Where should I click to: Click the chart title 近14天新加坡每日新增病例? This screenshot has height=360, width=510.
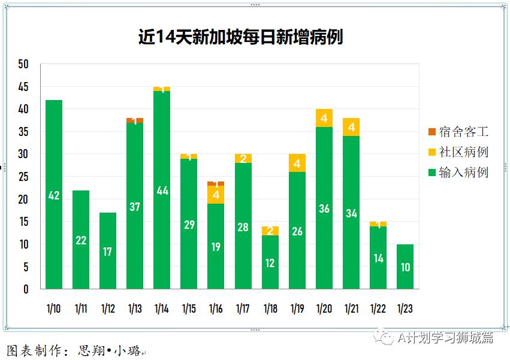(x=240, y=37)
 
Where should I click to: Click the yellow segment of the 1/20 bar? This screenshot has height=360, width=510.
(x=324, y=118)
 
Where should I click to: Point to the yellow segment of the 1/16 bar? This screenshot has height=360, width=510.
(x=216, y=195)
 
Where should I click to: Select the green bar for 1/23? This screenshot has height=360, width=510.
(x=405, y=267)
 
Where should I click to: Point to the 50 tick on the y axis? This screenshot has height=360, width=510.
(x=23, y=64)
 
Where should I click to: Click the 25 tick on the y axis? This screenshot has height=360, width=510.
(x=23, y=177)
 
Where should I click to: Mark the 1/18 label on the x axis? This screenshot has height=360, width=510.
(x=270, y=308)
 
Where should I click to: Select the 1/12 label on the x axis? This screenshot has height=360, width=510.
(x=108, y=308)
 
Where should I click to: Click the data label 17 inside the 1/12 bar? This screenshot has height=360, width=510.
(x=108, y=252)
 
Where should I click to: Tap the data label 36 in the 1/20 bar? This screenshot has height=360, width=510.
(x=324, y=209)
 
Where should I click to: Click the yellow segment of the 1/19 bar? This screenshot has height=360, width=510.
(x=297, y=163)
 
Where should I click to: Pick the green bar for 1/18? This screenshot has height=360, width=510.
(x=270, y=262)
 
